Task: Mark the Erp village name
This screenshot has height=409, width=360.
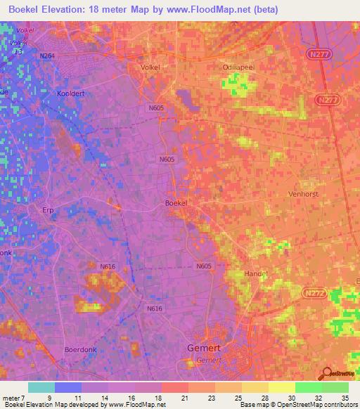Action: (x=49, y=209)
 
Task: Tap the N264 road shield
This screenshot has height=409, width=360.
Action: (x=47, y=56)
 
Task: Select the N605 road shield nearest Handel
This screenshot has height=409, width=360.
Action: (x=204, y=266)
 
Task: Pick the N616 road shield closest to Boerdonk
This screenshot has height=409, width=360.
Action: (x=155, y=309)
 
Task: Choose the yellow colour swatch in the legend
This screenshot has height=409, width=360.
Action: (x=282, y=387)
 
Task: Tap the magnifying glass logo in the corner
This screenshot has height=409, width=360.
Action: (x=326, y=375)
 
